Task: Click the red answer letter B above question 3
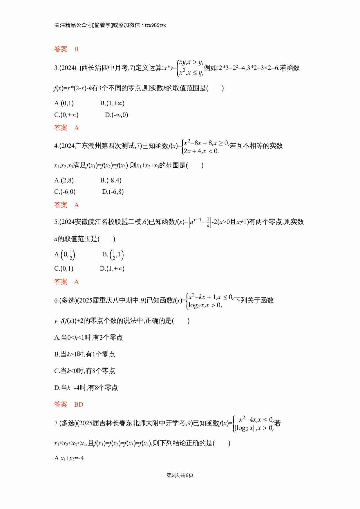point(76,49)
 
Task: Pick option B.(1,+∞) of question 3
point(112,103)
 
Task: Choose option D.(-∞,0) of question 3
point(116,115)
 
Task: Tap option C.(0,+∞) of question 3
point(66,115)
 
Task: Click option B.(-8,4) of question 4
point(111,180)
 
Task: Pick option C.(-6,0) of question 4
point(65,192)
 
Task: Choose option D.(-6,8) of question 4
point(113,192)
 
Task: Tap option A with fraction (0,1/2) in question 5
point(65,255)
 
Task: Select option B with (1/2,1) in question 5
point(113,255)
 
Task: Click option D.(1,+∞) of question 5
point(112,269)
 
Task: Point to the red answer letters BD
point(79,405)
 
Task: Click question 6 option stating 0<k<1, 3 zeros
point(88,338)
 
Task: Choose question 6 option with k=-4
point(86,388)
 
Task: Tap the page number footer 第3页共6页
point(180,475)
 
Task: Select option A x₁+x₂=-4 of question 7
point(69,459)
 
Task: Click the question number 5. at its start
point(56,222)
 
